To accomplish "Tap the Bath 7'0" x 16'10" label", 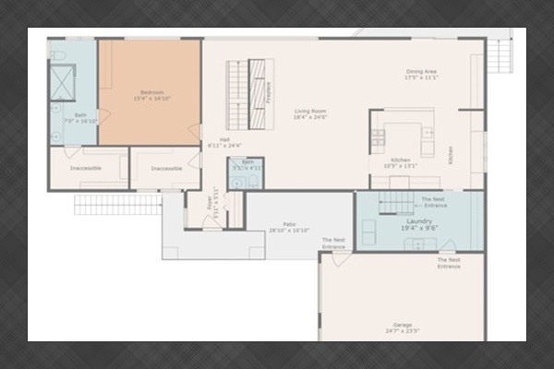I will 73,118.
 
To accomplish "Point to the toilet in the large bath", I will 58,56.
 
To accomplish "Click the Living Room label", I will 310,114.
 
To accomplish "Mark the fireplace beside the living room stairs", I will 268,94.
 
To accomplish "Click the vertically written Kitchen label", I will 452,155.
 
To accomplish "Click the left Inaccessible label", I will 88,168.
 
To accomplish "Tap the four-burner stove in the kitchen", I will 378,139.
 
